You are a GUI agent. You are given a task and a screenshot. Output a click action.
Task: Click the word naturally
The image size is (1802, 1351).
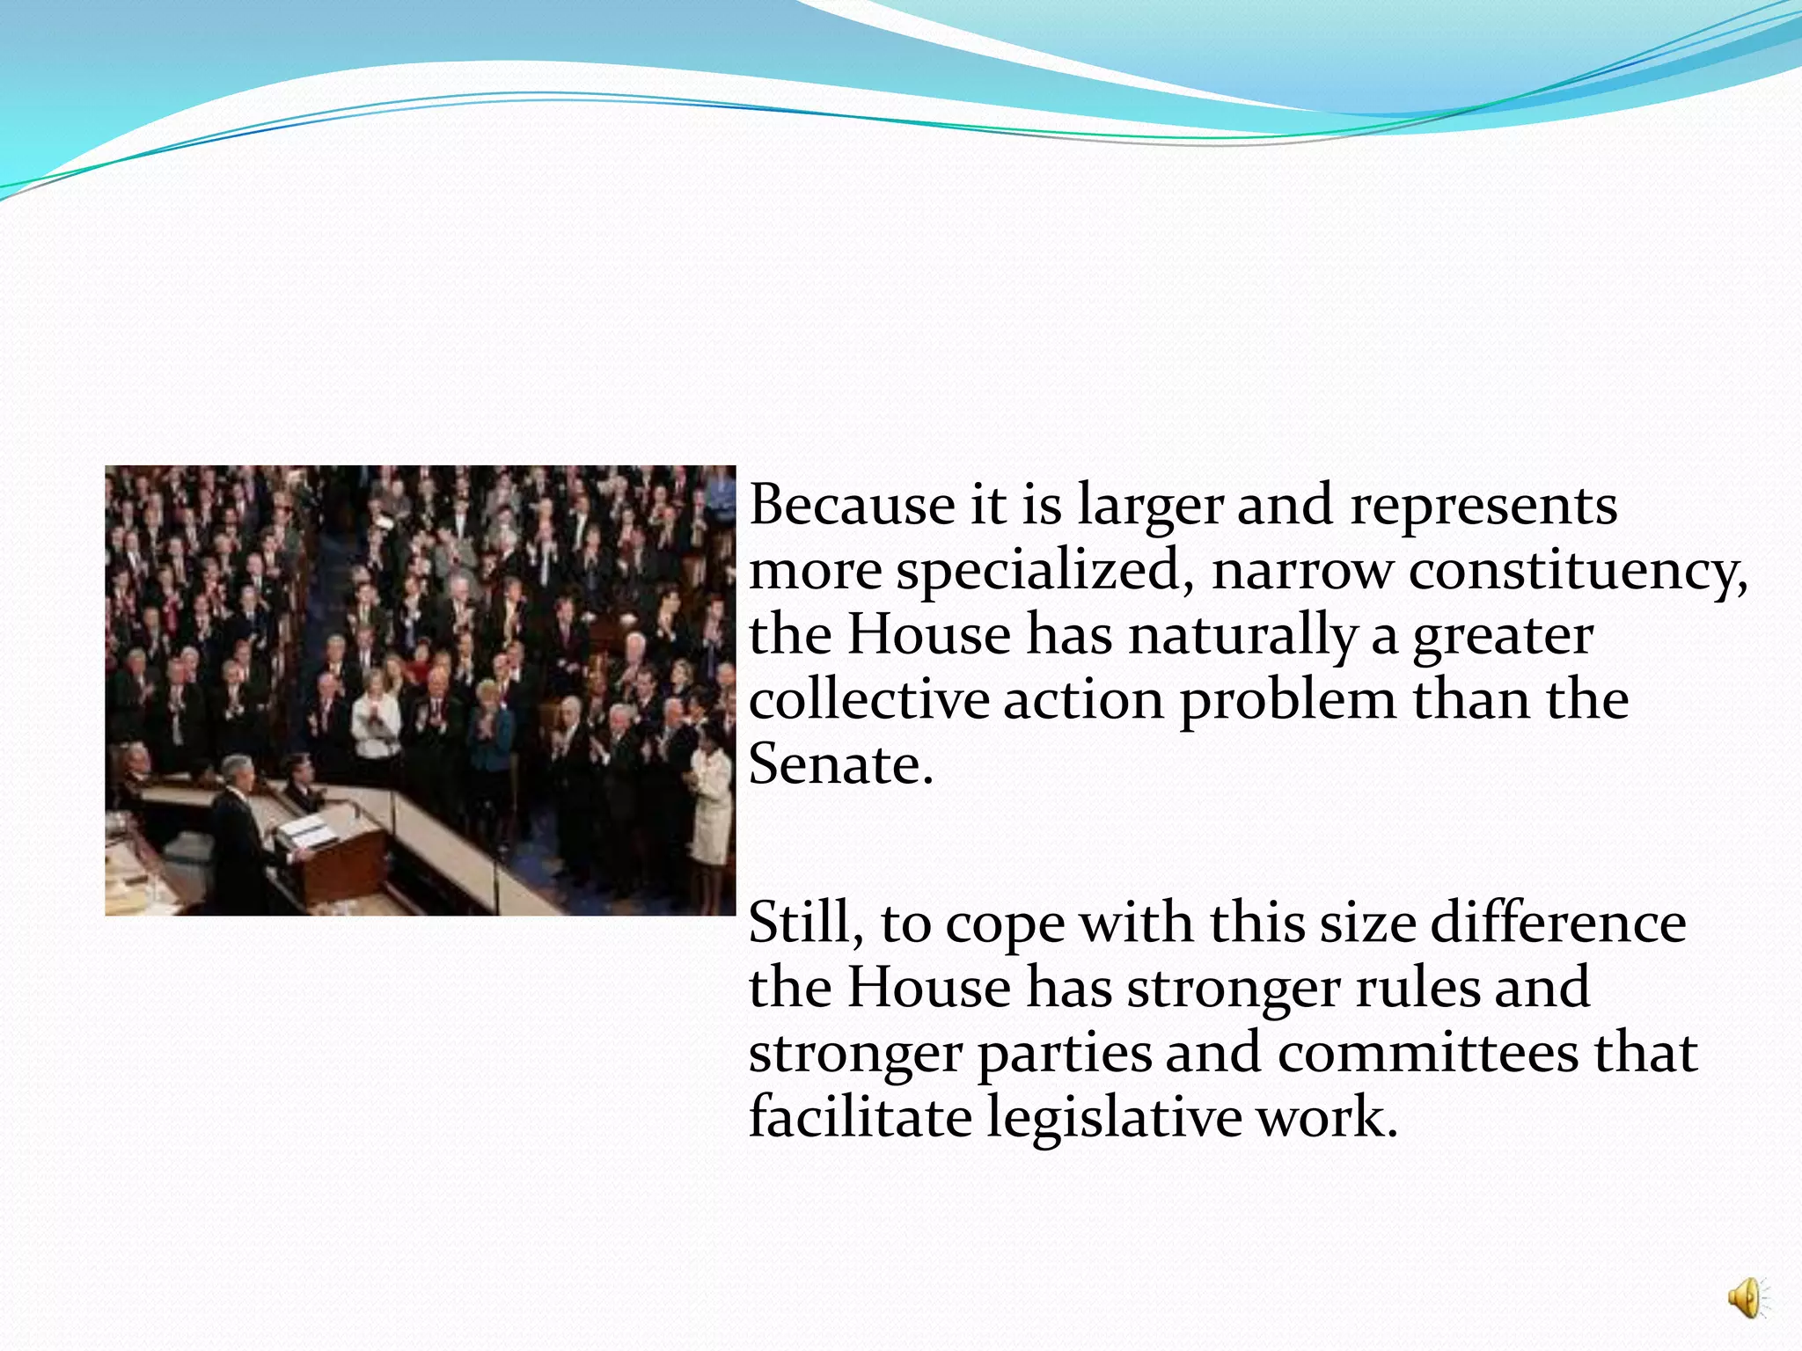(1242, 635)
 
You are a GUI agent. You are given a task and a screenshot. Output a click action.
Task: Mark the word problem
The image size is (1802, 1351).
(1287, 702)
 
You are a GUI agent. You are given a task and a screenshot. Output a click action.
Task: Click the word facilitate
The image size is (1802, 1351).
(860, 1117)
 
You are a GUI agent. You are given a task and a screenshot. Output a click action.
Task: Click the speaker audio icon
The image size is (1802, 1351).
(1746, 1298)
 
